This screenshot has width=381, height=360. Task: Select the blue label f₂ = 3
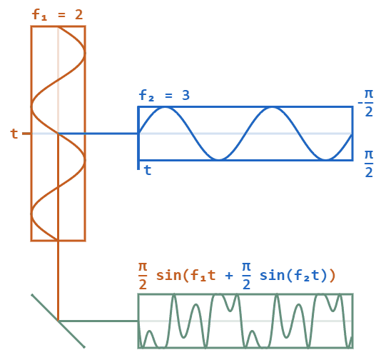point(164,95)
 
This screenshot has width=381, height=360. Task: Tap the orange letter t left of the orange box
point(14,134)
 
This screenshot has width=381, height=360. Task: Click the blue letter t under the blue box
point(148,170)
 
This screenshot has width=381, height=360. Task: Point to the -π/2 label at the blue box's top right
point(367,104)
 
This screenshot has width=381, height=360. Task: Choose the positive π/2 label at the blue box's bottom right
point(368,164)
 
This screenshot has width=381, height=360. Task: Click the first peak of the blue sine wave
point(166,108)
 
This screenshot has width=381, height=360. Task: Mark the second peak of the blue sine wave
point(272,108)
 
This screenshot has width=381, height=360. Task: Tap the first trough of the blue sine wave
point(219,159)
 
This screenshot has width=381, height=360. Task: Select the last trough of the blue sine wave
point(325,159)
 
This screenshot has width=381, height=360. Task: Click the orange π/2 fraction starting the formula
point(141,276)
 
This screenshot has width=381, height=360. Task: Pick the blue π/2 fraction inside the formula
point(246,276)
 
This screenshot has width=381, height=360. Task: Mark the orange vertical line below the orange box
point(58,279)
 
